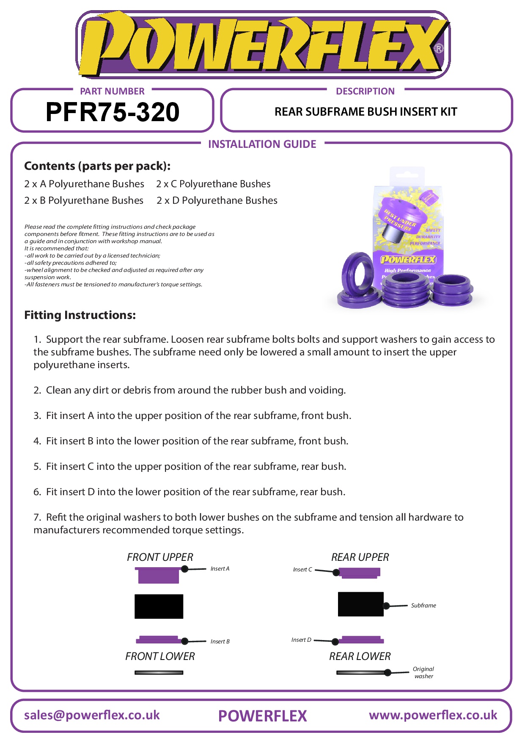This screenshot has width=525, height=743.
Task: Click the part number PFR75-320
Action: point(112,112)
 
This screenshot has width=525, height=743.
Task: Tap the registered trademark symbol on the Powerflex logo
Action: point(439,48)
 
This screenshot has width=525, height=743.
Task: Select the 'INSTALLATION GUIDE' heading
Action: point(262,144)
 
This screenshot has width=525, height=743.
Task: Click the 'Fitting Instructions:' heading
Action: point(80,315)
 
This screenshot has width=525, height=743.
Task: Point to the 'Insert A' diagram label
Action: point(220,569)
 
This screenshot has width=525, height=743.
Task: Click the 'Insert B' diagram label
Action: point(220,642)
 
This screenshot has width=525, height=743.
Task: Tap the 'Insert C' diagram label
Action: point(302,570)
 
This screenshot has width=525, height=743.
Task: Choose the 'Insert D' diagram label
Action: point(301,640)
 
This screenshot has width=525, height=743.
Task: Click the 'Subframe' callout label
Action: point(423,606)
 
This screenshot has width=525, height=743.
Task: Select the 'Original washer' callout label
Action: point(423,673)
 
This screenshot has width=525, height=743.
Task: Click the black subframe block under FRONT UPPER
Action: point(159,606)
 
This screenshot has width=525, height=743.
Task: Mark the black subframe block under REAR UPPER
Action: point(360,604)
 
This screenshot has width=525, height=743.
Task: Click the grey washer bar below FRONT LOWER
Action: point(159,673)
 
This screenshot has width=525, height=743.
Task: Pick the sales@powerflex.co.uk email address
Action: point(92,715)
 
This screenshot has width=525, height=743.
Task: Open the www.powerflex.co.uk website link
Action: point(433,715)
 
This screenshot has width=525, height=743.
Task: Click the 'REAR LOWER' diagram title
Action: point(360,657)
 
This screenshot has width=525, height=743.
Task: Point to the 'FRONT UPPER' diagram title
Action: point(160,557)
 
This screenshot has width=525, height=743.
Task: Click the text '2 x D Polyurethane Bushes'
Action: point(217,201)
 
